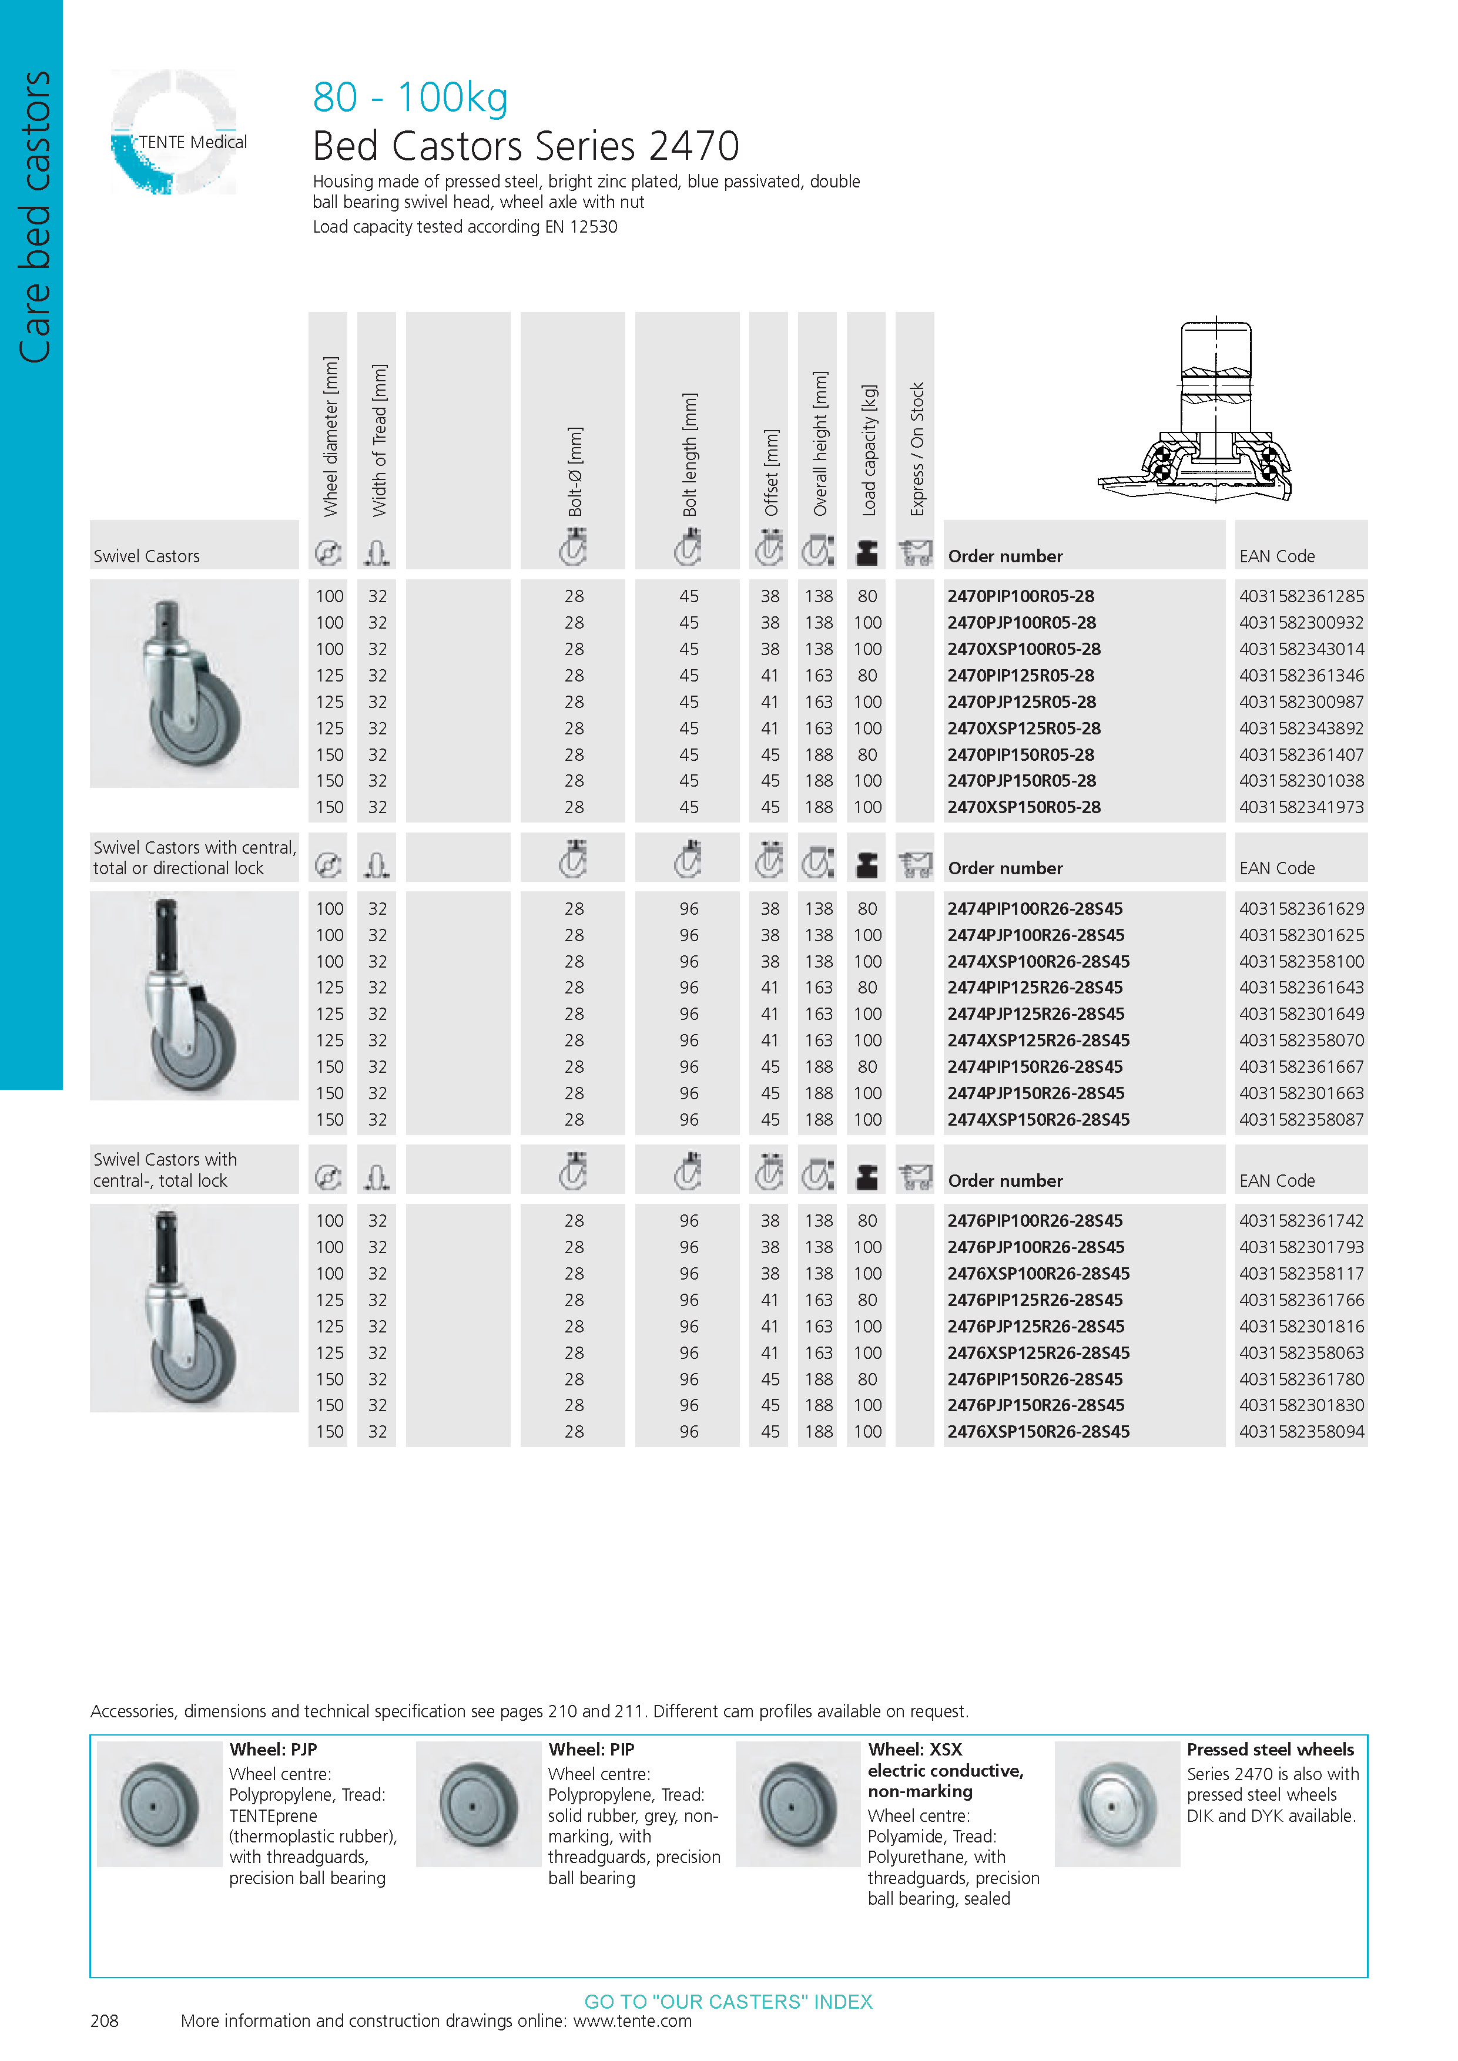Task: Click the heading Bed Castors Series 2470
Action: coord(525,146)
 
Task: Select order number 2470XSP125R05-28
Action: coord(1024,728)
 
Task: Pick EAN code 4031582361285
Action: coord(1301,596)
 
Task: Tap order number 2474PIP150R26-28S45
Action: coord(1034,1066)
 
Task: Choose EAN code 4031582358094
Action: coord(1301,1432)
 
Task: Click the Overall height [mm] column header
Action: coord(820,444)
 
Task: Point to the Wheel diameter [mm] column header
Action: coord(330,437)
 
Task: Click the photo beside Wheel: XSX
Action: coord(797,1804)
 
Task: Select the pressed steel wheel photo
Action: coord(1116,1804)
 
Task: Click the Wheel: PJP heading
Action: coord(273,1750)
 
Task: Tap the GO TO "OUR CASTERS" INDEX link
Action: coord(728,2002)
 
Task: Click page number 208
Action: coord(104,2020)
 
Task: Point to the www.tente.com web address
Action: coord(632,2020)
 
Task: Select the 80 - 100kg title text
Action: coord(410,97)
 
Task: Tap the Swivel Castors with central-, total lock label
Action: coord(165,1170)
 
